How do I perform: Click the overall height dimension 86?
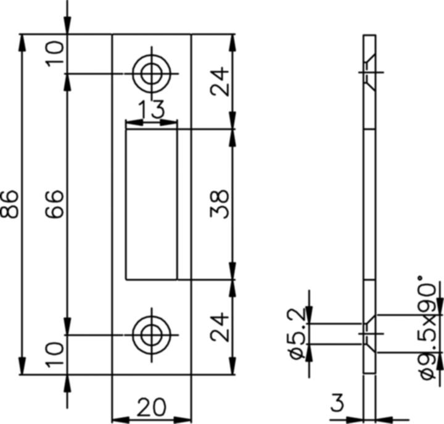pos(10,204)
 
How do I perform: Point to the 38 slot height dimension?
pos(220,204)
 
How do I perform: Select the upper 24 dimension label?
pos(220,81)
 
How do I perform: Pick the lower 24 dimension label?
pos(220,326)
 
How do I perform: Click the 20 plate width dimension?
pos(151,408)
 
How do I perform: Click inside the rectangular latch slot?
pos(151,204)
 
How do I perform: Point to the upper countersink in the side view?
pos(369,73)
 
